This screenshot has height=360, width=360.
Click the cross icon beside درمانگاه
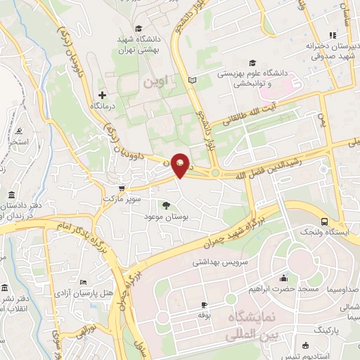coord(103,94)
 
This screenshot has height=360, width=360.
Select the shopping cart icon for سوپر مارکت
coord(122,188)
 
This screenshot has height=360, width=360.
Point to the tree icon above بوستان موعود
coord(166,205)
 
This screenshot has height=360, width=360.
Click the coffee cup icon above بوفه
coord(204,304)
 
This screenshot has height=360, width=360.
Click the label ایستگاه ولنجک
coord(321,231)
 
